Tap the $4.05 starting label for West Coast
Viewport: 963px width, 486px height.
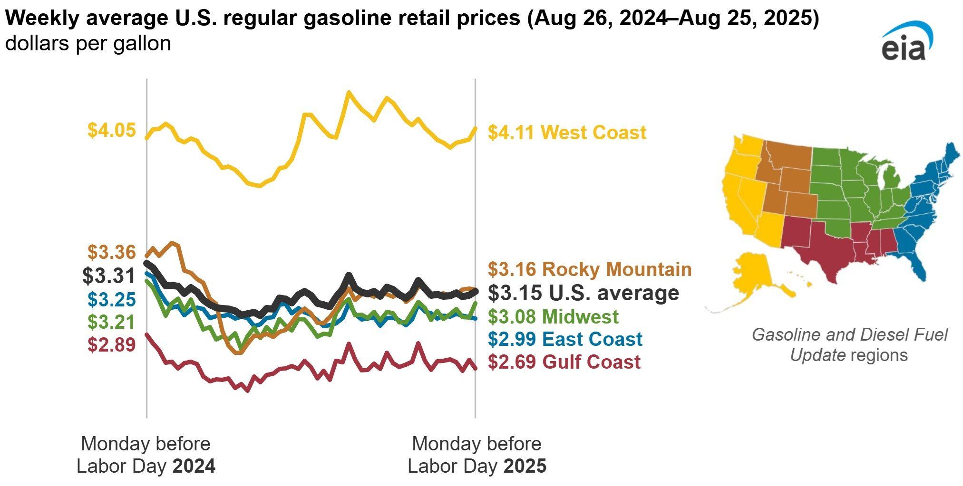(x=112, y=130)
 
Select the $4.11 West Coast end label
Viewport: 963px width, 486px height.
(x=567, y=133)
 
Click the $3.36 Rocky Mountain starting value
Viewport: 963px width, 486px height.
(x=112, y=252)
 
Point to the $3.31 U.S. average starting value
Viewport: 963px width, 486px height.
(x=109, y=276)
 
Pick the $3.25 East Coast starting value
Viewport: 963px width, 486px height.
(x=112, y=299)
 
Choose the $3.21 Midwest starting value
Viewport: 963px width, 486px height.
(x=112, y=322)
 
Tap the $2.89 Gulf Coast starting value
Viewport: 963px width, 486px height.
(x=112, y=344)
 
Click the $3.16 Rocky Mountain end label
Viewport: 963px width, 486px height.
(x=589, y=269)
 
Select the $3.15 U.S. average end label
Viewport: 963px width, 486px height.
(x=584, y=293)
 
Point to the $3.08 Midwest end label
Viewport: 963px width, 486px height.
(x=553, y=316)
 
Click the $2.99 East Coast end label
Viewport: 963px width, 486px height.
(x=565, y=339)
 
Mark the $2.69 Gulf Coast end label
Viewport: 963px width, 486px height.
(x=564, y=362)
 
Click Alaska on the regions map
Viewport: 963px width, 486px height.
(x=751, y=276)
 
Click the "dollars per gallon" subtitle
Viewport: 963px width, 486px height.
(x=88, y=44)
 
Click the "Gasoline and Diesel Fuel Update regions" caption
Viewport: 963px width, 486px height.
(x=849, y=345)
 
